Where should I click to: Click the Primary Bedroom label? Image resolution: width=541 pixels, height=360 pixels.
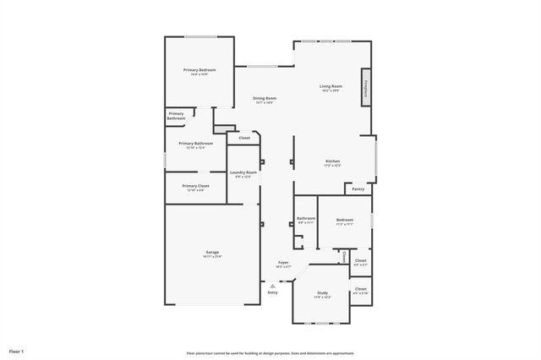click(x=199, y=69)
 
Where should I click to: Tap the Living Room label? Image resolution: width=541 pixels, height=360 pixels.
click(x=331, y=86)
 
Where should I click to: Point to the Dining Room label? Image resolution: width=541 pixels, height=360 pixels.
click(x=265, y=99)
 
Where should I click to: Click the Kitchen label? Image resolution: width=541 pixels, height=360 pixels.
click(x=333, y=161)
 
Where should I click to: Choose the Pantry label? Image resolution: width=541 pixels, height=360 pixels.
click(x=358, y=189)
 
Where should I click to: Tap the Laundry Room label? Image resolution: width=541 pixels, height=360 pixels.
click(x=243, y=173)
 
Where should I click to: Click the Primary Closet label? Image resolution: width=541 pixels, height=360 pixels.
click(x=195, y=186)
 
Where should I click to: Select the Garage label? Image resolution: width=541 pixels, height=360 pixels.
click(x=212, y=253)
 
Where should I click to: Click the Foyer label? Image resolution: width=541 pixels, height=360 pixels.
click(x=283, y=263)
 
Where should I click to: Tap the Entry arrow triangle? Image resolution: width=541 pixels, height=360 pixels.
click(x=272, y=286)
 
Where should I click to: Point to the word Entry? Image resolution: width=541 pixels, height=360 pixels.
click(x=272, y=292)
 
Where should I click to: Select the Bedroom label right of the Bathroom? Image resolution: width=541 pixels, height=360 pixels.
click(x=344, y=220)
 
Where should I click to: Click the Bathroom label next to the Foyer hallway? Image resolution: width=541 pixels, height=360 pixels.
click(x=305, y=219)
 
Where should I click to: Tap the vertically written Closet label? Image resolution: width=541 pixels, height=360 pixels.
click(x=344, y=256)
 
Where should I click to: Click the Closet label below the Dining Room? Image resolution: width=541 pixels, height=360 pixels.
click(x=244, y=138)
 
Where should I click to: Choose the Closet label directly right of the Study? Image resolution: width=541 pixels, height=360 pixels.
click(x=361, y=290)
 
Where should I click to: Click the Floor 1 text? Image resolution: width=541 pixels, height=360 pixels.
click(x=17, y=350)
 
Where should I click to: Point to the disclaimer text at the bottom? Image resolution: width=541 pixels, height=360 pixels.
click(x=270, y=353)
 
